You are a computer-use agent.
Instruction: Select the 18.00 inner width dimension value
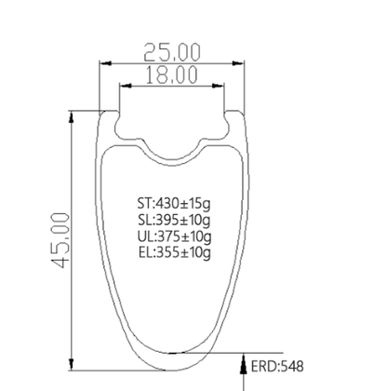click(x=171, y=74)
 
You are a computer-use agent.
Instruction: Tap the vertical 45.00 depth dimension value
click(x=60, y=240)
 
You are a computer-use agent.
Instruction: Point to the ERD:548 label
click(x=277, y=366)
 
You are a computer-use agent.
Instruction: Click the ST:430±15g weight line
click(x=174, y=204)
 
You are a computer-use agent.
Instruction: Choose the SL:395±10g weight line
click(x=174, y=220)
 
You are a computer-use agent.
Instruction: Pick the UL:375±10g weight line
click(x=175, y=236)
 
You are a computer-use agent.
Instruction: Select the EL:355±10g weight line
click(x=175, y=252)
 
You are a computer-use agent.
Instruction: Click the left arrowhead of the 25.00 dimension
click(x=105, y=63)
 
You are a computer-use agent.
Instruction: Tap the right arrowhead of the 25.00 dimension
click(x=238, y=63)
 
